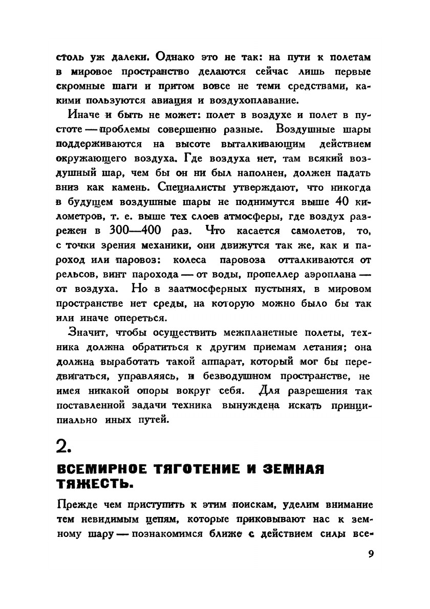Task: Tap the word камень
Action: click(x=132, y=187)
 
